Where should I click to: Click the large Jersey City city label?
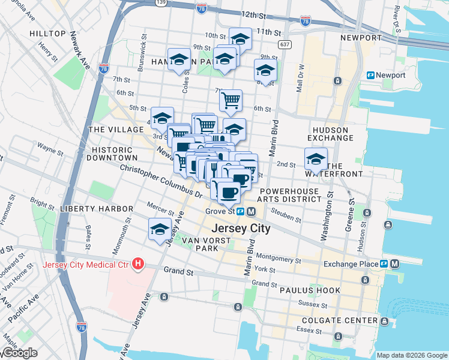coord(240,229)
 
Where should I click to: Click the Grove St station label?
coord(221,211)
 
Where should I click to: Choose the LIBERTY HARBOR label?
coord(96,208)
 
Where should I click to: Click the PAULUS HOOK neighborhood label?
coord(310,290)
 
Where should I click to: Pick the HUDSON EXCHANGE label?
coord(330,134)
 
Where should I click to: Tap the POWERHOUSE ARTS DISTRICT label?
coord(289,194)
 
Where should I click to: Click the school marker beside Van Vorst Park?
coord(160,230)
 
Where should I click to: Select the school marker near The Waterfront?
coord(316,159)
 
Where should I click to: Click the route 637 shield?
coord(285,45)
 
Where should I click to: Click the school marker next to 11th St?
coord(240,40)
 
